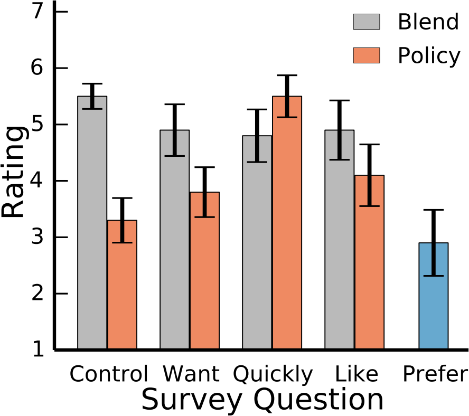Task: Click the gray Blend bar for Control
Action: coord(92,222)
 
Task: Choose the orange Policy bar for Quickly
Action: coord(287,222)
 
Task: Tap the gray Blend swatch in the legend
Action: coord(367,22)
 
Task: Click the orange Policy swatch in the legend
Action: coord(367,55)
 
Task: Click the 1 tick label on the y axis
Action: coord(38,350)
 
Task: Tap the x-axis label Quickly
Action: coord(273,374)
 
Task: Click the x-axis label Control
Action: coord(109,374)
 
